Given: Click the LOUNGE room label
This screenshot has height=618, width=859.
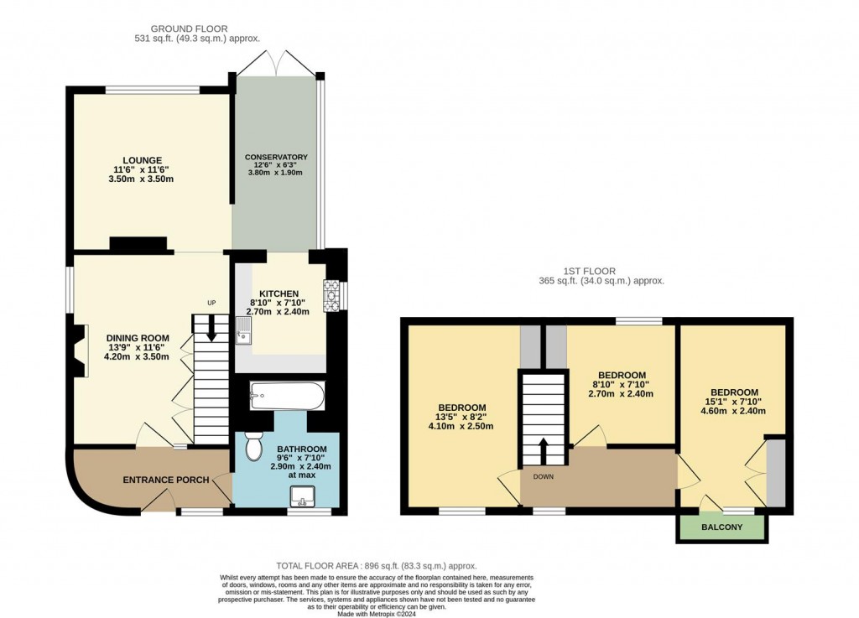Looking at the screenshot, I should pos(142,160).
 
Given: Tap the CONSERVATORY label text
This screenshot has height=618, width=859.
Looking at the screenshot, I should pos(276,158).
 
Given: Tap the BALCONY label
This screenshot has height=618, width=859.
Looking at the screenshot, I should pos(721,527).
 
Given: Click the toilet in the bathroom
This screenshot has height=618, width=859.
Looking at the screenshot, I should pos(252,446).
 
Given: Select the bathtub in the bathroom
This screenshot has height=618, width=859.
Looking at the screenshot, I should pos(286,397).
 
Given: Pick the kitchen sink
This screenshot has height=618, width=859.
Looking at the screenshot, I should pos(242,331).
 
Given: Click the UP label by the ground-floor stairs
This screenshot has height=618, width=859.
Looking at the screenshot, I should pos(211,303).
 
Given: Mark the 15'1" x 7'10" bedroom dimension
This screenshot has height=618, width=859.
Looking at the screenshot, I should pos(734,402).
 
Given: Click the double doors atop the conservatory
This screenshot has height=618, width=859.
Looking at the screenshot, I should pos(276,62).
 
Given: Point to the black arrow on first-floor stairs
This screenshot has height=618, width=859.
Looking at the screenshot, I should pos(543,449).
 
